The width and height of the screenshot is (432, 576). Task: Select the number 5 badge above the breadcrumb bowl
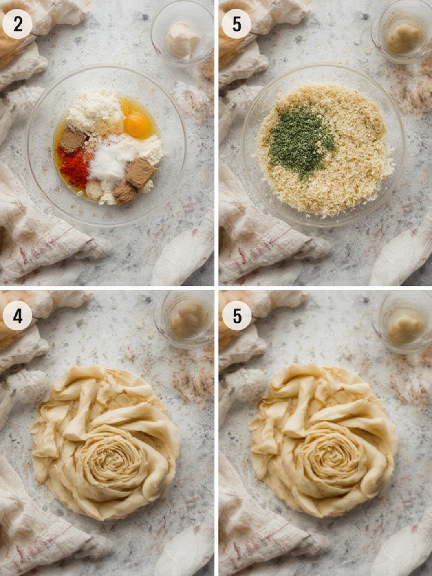tap(236, 24)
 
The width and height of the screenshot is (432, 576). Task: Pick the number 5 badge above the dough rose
tap(236, 316)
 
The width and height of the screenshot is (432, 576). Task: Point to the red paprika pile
tap(73, 165)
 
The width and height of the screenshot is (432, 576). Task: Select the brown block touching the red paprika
tap(73, 139)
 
